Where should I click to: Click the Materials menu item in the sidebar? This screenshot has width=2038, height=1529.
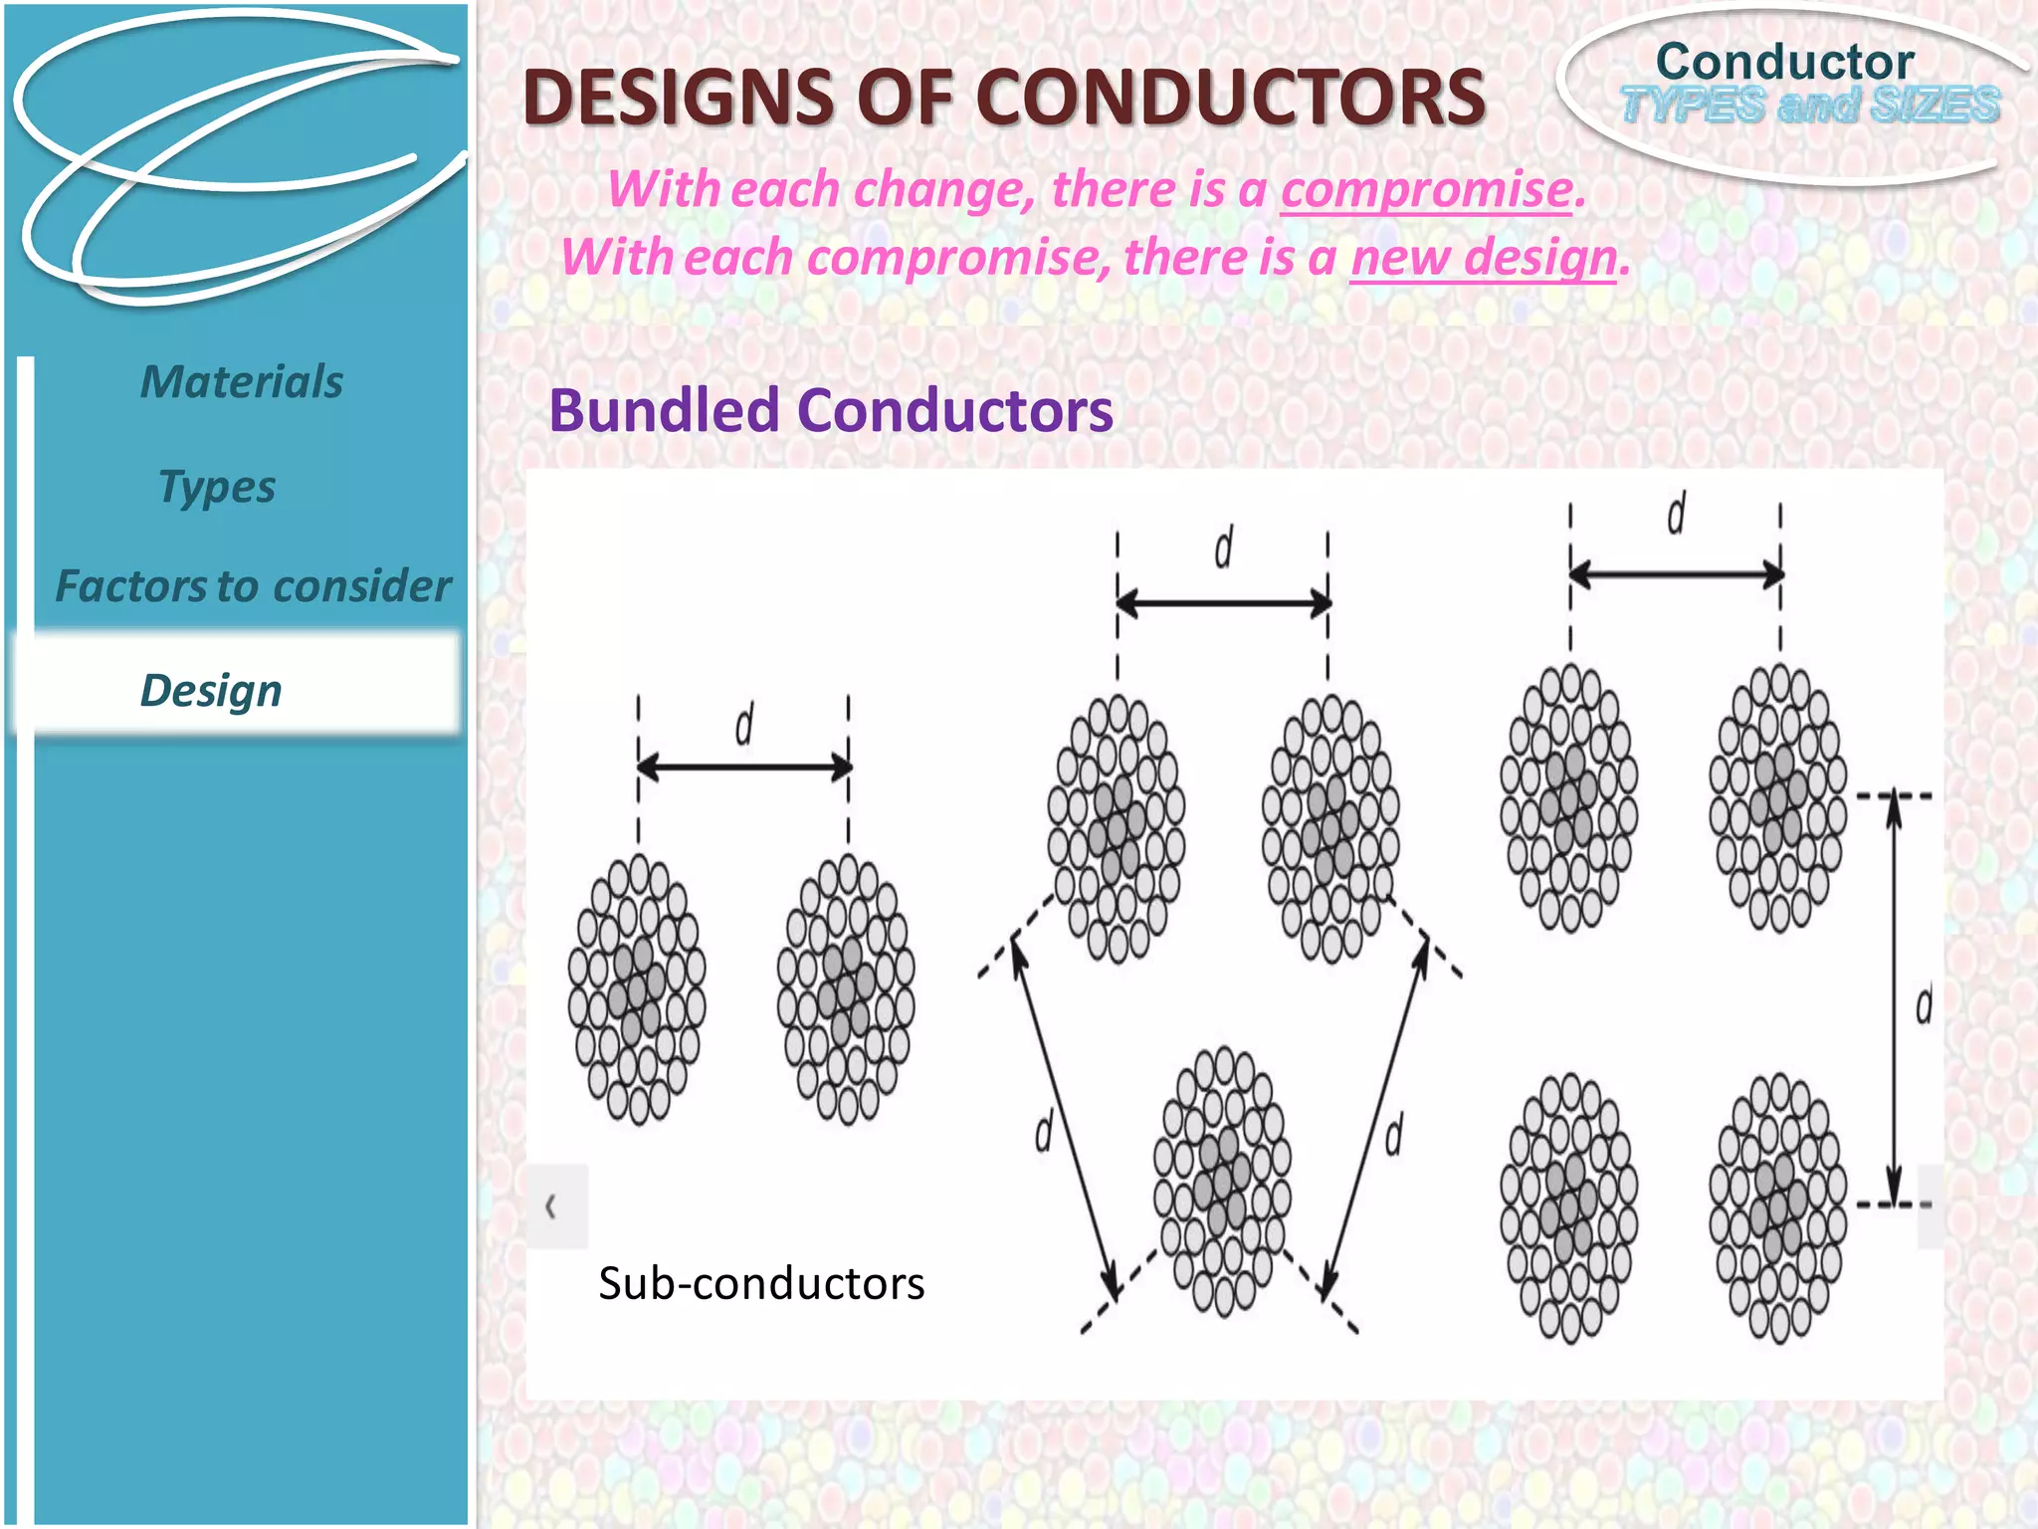tap(242, 382)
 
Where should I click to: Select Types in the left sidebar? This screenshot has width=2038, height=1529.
tap(217, 487)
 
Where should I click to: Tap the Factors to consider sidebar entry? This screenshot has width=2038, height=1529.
tap(253, 586)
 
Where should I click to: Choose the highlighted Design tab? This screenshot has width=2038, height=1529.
tap(211, 690)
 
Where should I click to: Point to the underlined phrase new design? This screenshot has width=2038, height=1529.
tap(1484, 257)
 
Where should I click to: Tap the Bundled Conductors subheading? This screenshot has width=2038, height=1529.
tap(831, 410)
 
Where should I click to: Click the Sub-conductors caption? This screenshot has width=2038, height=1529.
tap(761, 1283)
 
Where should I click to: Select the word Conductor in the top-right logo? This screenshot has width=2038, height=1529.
tap(1784, 62)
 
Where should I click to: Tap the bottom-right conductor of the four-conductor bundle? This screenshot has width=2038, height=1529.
tap(1778, 1207)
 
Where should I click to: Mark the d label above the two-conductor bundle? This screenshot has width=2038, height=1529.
tap(744, 724)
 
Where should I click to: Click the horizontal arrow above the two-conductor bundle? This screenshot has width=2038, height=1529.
tap(743, 766)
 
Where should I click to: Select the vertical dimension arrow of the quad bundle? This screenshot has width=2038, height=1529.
tap(1895, 1000)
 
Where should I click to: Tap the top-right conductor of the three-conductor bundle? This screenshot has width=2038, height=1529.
tap(1330, 828)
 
